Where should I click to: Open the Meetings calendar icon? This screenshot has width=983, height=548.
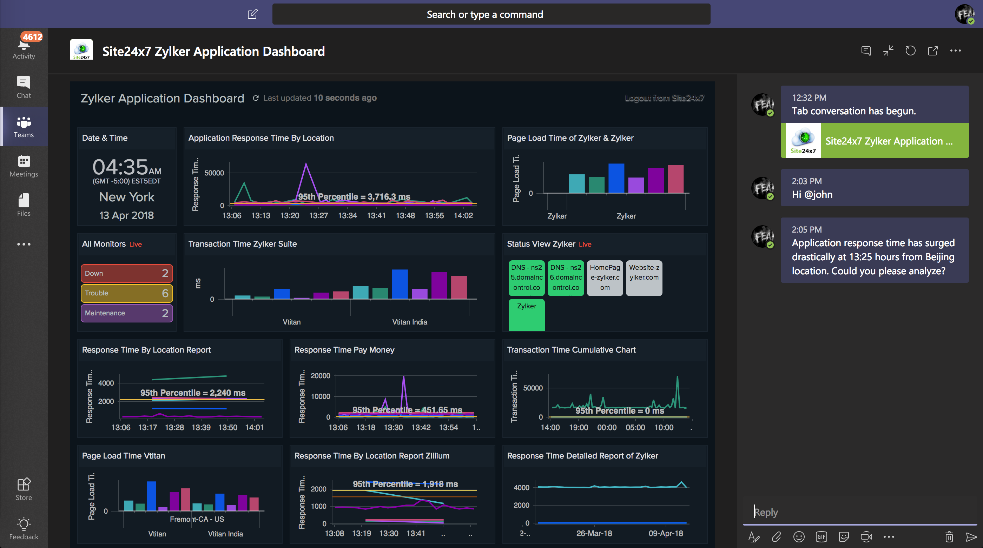tap(24, 161)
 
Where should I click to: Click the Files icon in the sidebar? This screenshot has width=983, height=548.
tap(24, 201)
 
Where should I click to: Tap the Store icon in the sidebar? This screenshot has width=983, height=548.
tap(24, 484)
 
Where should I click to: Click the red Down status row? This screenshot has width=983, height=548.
tap(126, 273)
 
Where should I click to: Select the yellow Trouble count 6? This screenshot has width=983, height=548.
tap(165, 293)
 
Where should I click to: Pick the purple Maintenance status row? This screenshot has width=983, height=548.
tap(126, 313)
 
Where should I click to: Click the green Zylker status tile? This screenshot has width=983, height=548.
tap(526, 315)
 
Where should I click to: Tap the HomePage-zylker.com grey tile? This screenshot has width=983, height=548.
tap(605, 278)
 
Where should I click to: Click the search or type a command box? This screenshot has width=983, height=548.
tap(491, 14)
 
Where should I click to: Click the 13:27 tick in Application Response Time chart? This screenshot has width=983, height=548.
tap(318, 215)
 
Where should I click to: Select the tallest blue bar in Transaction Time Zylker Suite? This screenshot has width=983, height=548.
tap(400, 284)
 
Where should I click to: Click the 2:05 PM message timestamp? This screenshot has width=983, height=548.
tap(806, 229)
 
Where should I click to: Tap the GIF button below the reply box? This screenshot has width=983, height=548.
tap(821, 537)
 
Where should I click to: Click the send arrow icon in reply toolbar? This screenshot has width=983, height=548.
tap(971, 537)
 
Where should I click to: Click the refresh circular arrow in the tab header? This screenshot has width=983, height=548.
tap(910, 51)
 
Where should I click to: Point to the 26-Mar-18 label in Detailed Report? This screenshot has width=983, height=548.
tap(594, 534)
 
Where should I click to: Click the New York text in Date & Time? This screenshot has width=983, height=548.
tap(127, 197)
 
